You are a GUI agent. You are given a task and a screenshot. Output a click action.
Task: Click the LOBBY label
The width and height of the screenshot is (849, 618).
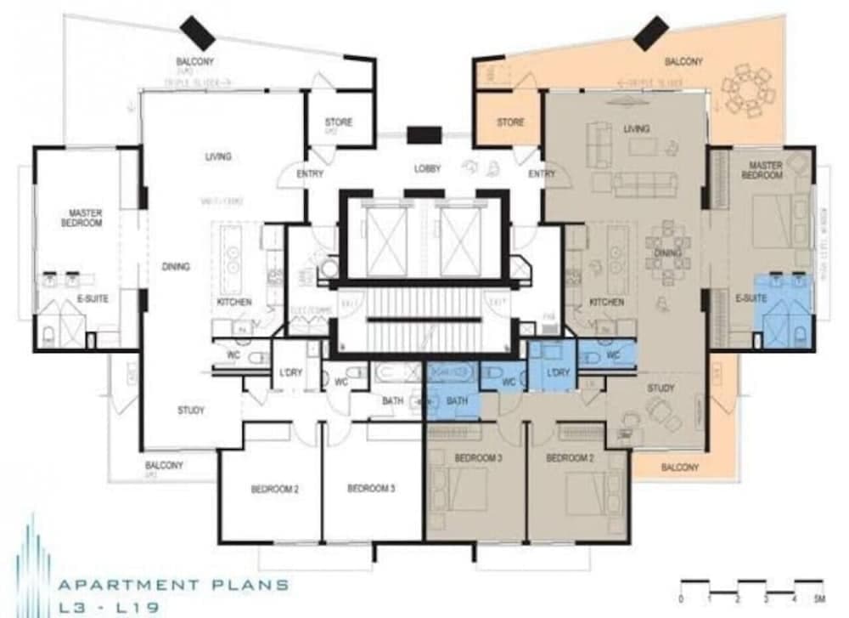pos(428,168)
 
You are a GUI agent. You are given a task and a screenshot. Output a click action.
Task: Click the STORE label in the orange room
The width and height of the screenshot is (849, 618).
pos(510,122)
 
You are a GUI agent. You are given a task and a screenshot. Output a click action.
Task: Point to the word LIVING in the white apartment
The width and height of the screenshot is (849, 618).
pos(218,156)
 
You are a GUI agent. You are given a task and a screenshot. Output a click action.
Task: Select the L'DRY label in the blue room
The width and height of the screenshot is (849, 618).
pos(558,373)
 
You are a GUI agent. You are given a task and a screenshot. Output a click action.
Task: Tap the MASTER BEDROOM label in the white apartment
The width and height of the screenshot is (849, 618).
pos(82,217)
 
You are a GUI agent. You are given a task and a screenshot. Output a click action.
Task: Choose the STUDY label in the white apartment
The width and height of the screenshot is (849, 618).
pos(191,411)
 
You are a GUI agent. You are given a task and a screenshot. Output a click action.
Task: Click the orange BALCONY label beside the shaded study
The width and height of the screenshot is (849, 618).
pos(680,468)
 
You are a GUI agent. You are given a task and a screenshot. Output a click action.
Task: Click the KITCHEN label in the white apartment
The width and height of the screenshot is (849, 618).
pos(233,302)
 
